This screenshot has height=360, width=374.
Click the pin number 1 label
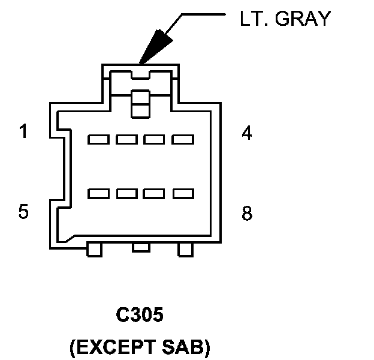tap(23, 131)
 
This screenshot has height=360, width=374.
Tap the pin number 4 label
tap(246, 133)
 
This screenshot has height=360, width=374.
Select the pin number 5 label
tap(23, 212)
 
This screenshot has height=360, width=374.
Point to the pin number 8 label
tap(246, 214)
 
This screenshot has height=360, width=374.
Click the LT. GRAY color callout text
tap(284, 19)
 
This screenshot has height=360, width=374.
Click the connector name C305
tap(139, 316)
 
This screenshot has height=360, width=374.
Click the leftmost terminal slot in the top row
tap(98, 140)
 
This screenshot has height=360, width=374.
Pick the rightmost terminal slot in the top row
tap(183, 140)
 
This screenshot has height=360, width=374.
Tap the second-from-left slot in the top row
tap(127, 140)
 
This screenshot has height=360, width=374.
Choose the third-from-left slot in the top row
tap(155, 140)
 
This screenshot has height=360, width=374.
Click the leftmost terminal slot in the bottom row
tap(98, 194)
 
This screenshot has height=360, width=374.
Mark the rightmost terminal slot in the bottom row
tap(183, 194)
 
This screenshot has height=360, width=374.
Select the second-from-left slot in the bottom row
tap(127, 194)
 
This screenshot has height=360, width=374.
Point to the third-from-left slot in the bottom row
tap(155, 194)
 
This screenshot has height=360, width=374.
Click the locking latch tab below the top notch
tap(140, 103)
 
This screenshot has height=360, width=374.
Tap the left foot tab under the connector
tap(95, 249)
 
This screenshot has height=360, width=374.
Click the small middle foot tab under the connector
tap(140, 247)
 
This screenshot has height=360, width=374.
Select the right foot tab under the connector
tap(186, 249)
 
